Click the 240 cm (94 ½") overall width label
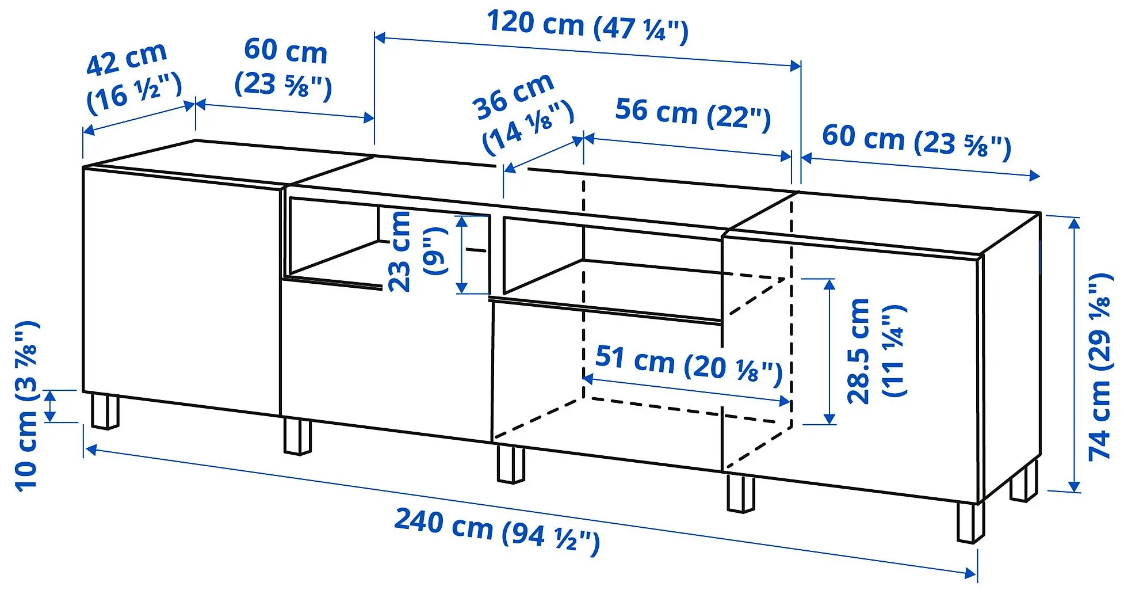(497, 528)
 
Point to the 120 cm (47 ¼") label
(587, 26)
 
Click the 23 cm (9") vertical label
(416, 251)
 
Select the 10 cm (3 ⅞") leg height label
(27, 406)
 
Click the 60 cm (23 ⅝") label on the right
(916, 142)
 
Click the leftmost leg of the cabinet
(105, 411)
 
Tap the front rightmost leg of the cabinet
(970, 523)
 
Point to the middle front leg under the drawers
(511, 463)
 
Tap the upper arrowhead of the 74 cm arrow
(1074, 222)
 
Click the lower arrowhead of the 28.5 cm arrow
(829, 418)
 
